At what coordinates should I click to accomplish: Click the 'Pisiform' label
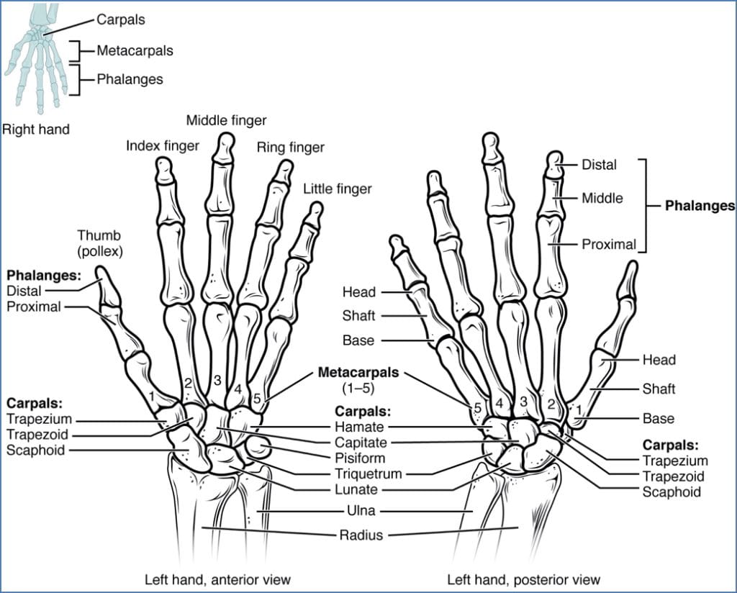359,458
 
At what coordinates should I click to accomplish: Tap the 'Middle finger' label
226,119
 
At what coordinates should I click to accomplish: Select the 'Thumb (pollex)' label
99,243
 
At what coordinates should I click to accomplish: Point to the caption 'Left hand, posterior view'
523,579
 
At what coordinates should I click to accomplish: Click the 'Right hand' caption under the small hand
36,130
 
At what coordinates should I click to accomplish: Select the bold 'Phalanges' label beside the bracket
699,205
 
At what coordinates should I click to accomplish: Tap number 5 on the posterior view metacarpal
477,408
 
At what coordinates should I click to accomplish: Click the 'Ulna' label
359,511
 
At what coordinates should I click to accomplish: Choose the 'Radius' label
359,535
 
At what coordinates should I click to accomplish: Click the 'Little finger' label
337,189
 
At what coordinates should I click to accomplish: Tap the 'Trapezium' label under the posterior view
675,461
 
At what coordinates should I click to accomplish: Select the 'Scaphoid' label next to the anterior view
35,450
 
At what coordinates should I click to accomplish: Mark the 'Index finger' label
163,146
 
